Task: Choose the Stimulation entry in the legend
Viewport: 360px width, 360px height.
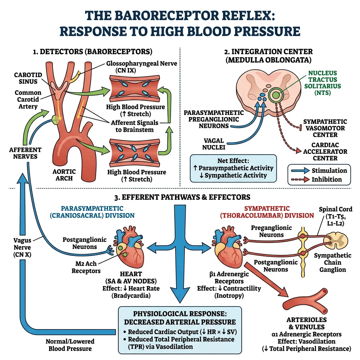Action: point(329,171)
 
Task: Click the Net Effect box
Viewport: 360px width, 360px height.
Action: point(233,168)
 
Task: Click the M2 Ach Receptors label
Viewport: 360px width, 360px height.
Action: point(86,267)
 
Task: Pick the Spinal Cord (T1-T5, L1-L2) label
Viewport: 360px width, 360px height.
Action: point(335,216)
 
